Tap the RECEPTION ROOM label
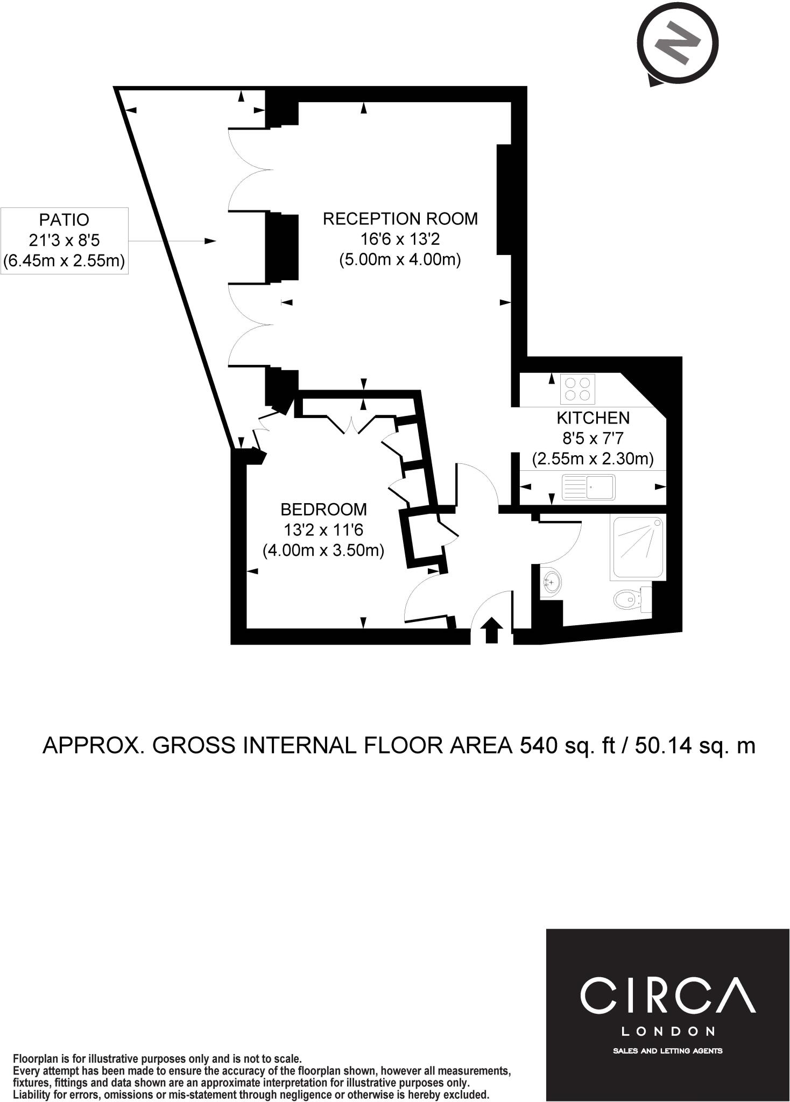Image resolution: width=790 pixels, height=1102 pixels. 400,219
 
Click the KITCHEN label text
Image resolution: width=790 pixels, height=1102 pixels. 593,418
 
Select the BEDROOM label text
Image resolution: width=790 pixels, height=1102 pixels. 324,509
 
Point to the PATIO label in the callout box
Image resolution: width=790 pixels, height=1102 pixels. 64,220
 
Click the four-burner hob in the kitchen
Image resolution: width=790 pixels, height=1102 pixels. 578,389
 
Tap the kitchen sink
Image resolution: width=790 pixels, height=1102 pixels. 588,487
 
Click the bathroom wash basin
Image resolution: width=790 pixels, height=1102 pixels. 550,581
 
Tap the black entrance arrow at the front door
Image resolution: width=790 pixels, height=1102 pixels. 491,630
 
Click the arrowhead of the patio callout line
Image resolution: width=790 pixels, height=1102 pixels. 210,241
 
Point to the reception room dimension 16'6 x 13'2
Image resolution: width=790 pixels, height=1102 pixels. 400,239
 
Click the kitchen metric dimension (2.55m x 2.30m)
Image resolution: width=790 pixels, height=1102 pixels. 593,460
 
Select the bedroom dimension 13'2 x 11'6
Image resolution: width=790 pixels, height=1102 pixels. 324,530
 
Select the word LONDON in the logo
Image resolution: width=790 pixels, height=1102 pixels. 668,1032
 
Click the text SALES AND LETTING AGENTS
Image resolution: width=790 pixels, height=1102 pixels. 668,1051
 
